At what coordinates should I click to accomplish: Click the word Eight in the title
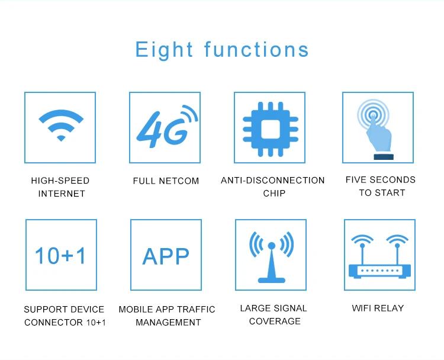point(164,50)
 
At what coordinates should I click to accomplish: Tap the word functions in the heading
point(256,49)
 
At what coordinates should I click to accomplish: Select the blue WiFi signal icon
point(61,125)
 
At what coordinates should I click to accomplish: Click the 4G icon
point(167,126)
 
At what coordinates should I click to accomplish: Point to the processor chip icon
point(271,129)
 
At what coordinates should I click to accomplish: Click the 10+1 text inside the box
point(60,255)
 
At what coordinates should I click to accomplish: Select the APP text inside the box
point(166,256)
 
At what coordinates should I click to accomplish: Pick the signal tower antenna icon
point(271,257)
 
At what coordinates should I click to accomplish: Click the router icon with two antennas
point(379,256)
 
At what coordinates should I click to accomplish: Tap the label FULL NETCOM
point(166,181)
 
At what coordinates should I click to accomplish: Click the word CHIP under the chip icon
point(274,193)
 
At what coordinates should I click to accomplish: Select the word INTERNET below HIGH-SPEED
point(62,194)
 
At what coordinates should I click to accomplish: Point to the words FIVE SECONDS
point(381,180)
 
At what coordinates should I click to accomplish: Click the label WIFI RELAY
point(378,308)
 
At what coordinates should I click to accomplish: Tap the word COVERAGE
point(275,321)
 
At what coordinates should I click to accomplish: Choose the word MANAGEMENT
point(168,322)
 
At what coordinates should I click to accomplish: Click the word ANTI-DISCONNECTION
point(273,181)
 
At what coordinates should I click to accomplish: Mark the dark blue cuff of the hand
point(384,157)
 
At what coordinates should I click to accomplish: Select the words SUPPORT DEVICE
point(64,309)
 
